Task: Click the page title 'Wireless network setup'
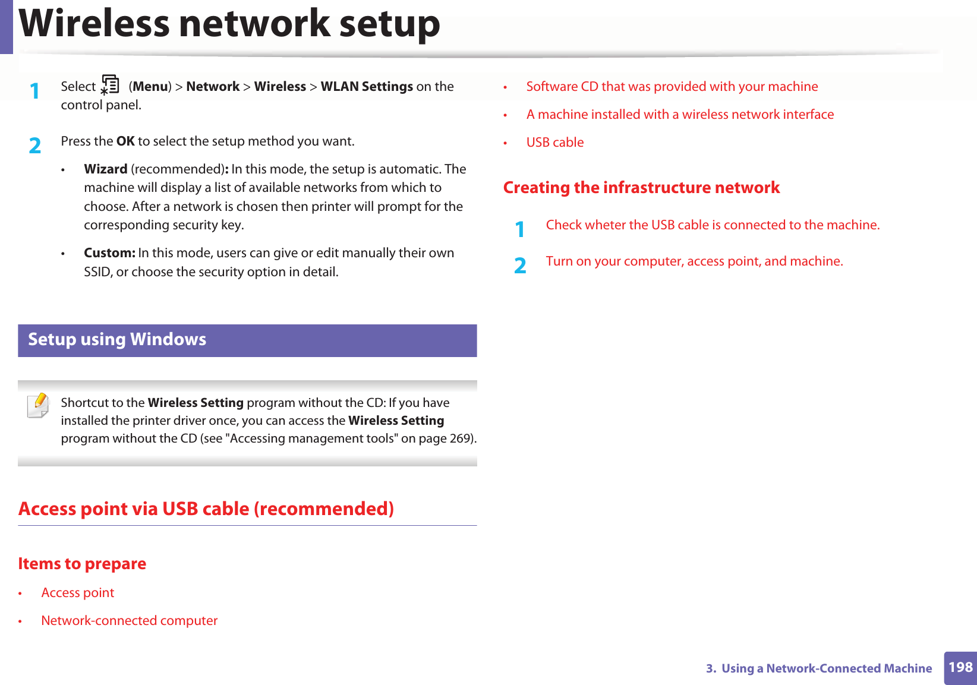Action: pyautogui.click(x=229, y=24)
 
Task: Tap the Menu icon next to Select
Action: pyautogui.click(x=110, y=85)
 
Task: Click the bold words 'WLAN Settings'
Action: pyautogui.click(x=367, y=87)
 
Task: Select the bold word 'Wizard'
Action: pyautogui.click(x=106, y=169)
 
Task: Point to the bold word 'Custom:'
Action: pyautogui.click(x=109, y=253)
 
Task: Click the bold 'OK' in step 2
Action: pyautogui.click(x=125, y=141)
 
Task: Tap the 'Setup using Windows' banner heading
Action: pyautogui.click(x=117, y=340)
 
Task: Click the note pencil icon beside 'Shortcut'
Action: pyautogui.click(x=38, y=405)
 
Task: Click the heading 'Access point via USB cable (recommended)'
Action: pyautogui.click(x=206, y=509)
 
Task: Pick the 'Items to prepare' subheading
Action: pyautogui.click(x=82, y=564)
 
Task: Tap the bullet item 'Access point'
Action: pyautogui.click(x=78, y=593)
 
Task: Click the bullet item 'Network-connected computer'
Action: pyautogui.click(x=130, y=621)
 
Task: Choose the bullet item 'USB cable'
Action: pyautogui.click(x=555, y=143)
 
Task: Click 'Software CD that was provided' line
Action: pyautogui.click(x=672, y=87)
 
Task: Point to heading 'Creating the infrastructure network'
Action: pyautogui.click(x=641, y=188)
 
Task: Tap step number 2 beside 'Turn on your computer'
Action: pyautogui.click(x=520, y=265)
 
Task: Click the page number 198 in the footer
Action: pyautogui.click(x=960, y=667)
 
